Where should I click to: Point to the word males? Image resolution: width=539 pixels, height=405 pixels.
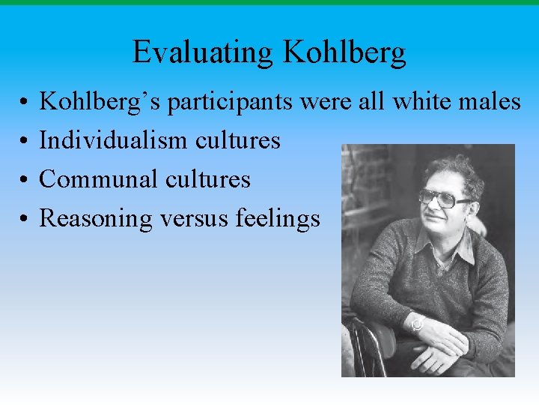[x=491, y=101]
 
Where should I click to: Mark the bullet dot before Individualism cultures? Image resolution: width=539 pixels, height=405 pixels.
[x=25, y=141]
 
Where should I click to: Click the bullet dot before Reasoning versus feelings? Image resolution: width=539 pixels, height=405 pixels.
[x=25, y=219]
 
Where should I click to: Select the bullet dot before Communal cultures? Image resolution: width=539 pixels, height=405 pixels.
[x=25, y=180]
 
